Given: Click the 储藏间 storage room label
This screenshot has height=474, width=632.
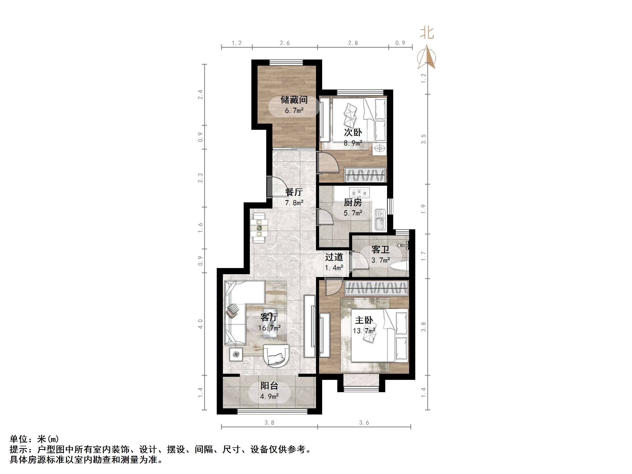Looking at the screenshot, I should [294, 100].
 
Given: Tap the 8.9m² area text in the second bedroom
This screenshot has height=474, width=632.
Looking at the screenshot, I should [353, 143].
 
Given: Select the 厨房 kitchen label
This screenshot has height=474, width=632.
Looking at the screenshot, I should [353, 203].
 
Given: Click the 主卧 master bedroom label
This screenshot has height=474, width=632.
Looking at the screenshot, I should [364, 320].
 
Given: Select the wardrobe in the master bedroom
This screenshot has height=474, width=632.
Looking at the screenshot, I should [377, 288].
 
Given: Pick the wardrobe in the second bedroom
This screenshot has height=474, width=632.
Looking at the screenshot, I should [365, 175].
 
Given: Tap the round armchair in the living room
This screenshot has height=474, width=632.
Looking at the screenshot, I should [76, 355].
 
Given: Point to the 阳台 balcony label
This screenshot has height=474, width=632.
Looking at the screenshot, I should [269, 386].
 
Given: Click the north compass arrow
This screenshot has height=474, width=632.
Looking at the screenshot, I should [427, 57].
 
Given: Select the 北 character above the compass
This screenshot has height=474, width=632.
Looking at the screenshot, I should [427, 33].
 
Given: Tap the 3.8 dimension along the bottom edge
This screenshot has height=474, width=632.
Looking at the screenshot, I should [269, 422].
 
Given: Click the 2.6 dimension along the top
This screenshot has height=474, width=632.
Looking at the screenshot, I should [284, 43].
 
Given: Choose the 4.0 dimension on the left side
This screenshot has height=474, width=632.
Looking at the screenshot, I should [200, 324].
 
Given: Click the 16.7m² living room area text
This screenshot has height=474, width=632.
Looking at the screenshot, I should [269, 328].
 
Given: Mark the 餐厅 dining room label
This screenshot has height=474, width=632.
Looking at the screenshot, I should [294, 192].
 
